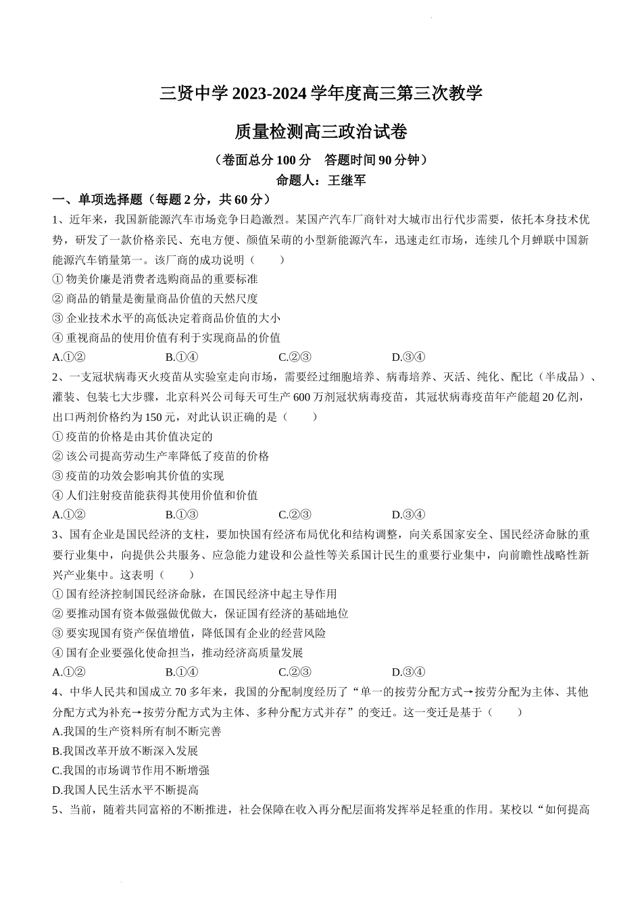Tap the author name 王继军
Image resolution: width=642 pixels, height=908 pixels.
(347, 180)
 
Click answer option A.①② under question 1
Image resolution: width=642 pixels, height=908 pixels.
(68, 357)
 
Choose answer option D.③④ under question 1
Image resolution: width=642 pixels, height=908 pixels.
(408, 357)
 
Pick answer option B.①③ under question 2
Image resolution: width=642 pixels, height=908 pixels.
(182, 515)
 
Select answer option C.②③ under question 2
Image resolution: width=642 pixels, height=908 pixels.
(295, 515)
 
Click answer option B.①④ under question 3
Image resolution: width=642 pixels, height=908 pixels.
(182, 672)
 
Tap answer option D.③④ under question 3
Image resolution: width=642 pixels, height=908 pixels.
(408, 672)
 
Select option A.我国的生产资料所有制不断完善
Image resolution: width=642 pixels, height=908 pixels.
(137, 731)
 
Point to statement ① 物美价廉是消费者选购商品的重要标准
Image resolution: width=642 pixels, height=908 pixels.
(155, 279)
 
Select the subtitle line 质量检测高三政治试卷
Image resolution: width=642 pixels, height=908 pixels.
(320, 132)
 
